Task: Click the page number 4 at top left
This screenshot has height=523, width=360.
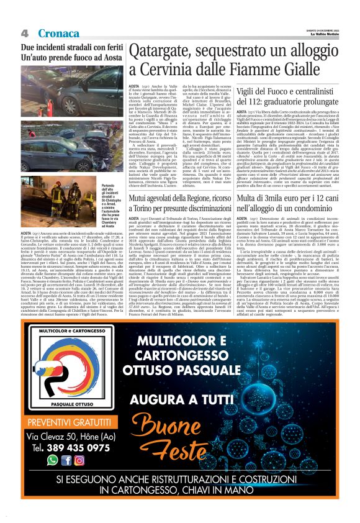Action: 25,32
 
